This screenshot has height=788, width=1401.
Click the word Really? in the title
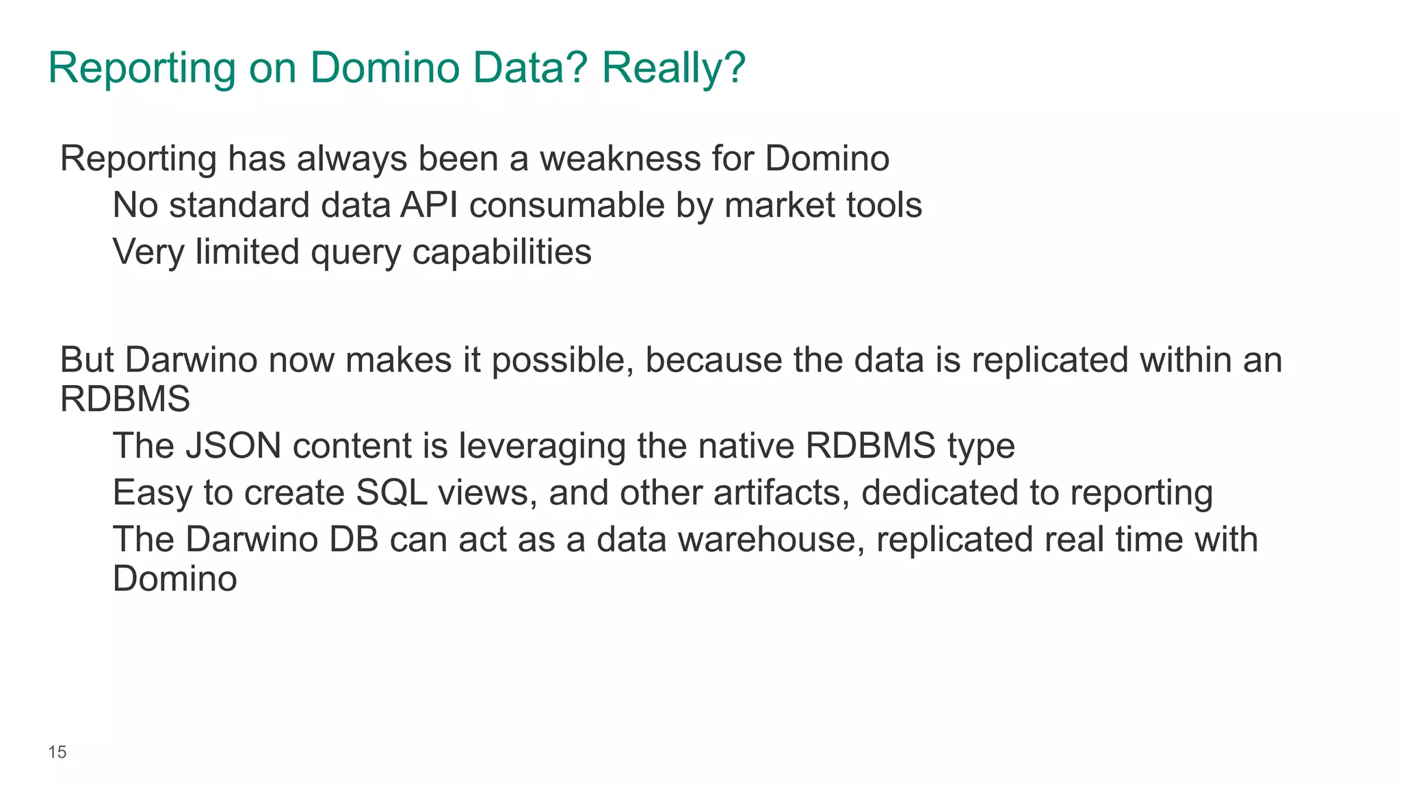[673, 68]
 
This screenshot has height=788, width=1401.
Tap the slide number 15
[57, 752]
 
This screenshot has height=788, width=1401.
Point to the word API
[429, 205]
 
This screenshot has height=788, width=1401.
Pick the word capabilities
[501, 253]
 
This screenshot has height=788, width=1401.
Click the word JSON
[233, 446]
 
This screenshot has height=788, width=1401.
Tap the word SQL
[392, 493]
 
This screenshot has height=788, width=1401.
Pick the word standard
[239, 205]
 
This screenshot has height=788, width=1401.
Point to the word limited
[247, 252]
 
